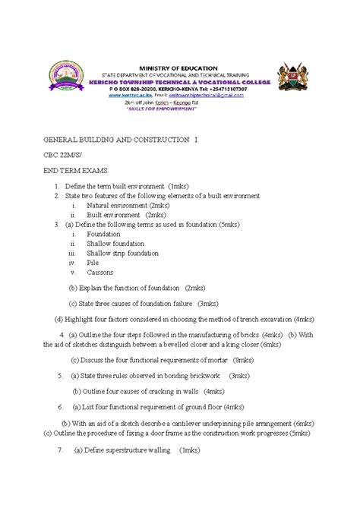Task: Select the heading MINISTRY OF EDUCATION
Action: (181, 68)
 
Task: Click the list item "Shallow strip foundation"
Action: (122, 253)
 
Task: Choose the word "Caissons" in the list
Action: (101, 272)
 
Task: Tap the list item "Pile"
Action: (93, 262)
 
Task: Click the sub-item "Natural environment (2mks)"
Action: (128, 205)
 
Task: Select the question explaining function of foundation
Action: (137, 288)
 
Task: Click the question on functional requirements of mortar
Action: (162, 360)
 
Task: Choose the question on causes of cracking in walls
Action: (147, 391)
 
